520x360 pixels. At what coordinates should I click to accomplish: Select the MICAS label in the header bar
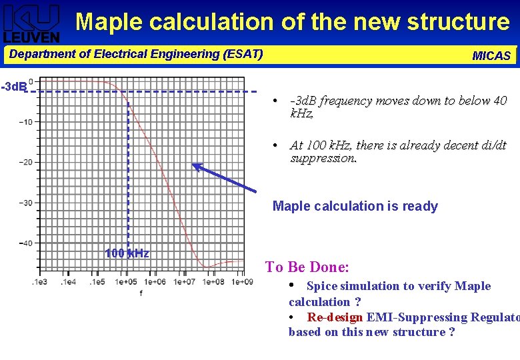coord(491,56)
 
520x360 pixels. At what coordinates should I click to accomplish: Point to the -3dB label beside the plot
coord(13,87)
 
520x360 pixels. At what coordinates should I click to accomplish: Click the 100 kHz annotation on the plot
coord(127,253)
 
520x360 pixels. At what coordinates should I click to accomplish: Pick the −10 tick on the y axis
coord(26,122)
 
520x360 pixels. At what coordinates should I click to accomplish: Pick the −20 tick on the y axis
coord(26,162)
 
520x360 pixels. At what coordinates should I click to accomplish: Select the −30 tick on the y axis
coord(26,203)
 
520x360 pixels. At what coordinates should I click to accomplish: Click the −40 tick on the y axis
coord(26,243)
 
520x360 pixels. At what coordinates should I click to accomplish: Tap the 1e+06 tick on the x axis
coord(155,282)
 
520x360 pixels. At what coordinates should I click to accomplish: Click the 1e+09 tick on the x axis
coord(242,282)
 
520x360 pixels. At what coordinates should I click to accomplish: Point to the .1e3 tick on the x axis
coord(39,282)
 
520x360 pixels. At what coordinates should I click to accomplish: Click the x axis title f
coord(141,293)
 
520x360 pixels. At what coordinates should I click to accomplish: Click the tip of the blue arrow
coord(194,165)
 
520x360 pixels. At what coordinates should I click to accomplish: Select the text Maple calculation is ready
coord(355,206)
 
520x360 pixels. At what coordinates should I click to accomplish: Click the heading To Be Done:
coord(307,267)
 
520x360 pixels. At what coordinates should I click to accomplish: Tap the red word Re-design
coord(335,317)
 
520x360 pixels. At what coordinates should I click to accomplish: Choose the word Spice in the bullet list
coord(322,286)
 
